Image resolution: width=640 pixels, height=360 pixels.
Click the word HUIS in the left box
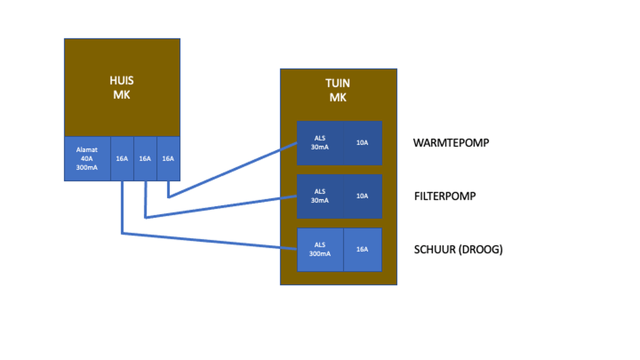click(x=122, y=80)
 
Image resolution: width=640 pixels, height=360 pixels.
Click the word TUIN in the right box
click(x=338, y=83)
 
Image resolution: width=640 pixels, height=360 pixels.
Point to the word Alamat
click(x=87, y=149)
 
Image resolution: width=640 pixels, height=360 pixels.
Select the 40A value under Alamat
click(x=87, y=158)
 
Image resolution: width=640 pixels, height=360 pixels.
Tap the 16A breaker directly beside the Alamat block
click(x=122, y=158)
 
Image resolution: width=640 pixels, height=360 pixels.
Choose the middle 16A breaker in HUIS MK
click(x=145, y=158)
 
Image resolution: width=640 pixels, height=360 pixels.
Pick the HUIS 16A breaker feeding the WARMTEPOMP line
click(x=168, y=158)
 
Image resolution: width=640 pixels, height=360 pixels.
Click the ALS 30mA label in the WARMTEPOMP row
click(x=320, y=142)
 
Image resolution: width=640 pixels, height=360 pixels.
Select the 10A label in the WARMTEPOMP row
click(x=362, y=142)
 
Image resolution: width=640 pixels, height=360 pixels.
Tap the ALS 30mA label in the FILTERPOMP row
click(x=320, y=196)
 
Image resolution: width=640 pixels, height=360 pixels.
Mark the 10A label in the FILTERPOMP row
click(x=362, y=196)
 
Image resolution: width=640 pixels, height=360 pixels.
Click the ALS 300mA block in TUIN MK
click(x=320, y=249)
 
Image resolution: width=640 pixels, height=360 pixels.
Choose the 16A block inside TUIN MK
click(x=362, y=249)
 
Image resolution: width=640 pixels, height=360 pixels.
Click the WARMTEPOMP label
click(x=451, y=142)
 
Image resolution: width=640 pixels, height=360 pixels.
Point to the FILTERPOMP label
click(x=445, y=196)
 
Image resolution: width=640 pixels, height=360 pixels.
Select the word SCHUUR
click(x=434, y=249)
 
